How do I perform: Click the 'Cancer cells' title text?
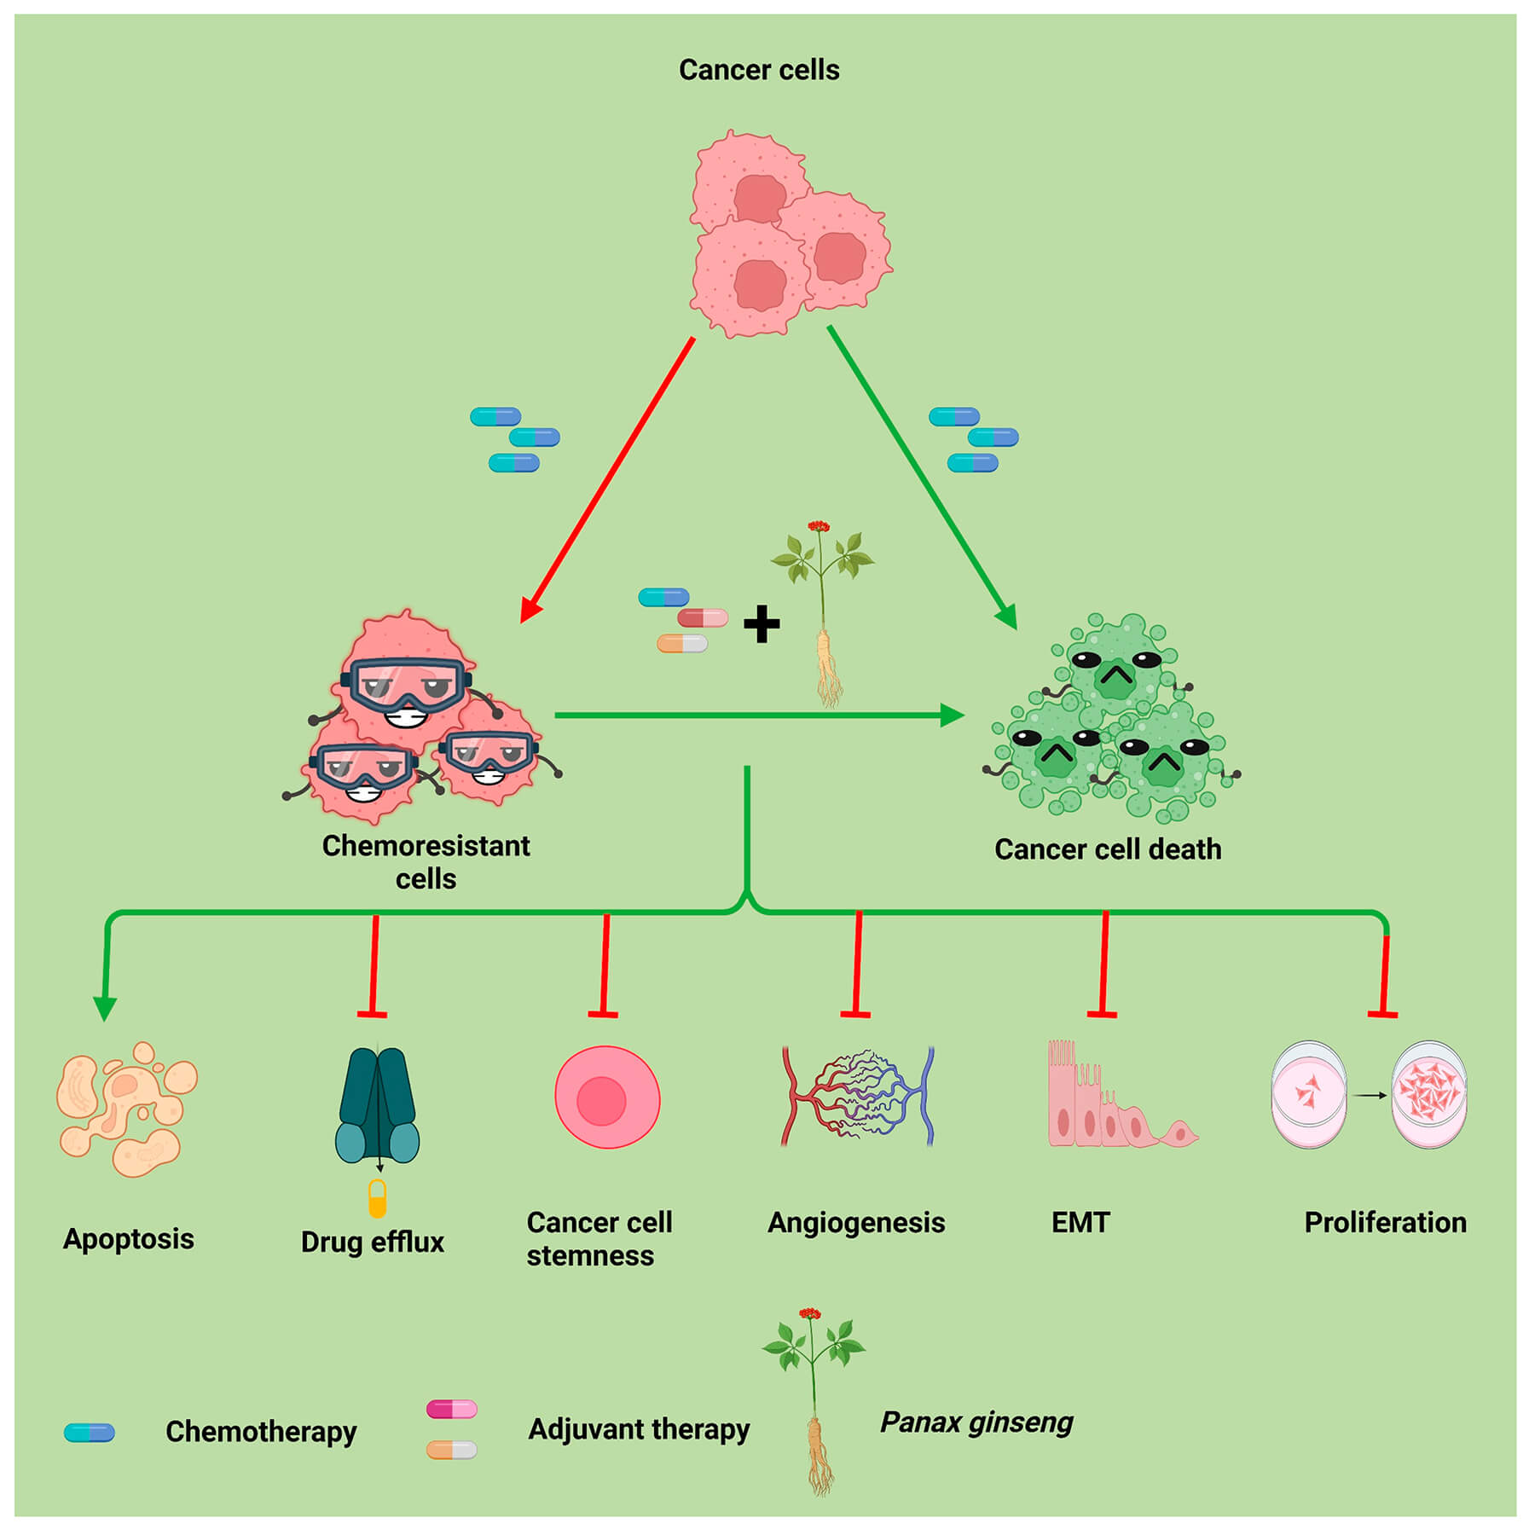click(x=758, y=70)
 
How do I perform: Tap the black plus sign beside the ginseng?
click(x=761, y=623)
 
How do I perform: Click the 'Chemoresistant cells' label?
click(x=426, y=861)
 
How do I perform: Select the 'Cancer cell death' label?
click(x=1107, y=849)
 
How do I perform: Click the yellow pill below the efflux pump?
click(x=377, y=1198)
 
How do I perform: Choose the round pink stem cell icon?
click(x=607, y=1098)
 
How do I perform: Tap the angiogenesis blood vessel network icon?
click(x=857, y=1097)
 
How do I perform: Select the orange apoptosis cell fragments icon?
click(x=126, y=1109)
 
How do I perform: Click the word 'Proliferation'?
click(x=1385, y=1222)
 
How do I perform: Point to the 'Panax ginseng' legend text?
click(x=976, y=1422)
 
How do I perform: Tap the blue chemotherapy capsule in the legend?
click(x=90, y=1432)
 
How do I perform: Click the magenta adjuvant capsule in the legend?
click(x=451, y=1409)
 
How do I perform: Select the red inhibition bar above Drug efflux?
click(x=373, y=1014)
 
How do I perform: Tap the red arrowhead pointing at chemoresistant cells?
click(x=530, y=610)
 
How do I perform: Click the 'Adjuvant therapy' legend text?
click(x=639, y=1429)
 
